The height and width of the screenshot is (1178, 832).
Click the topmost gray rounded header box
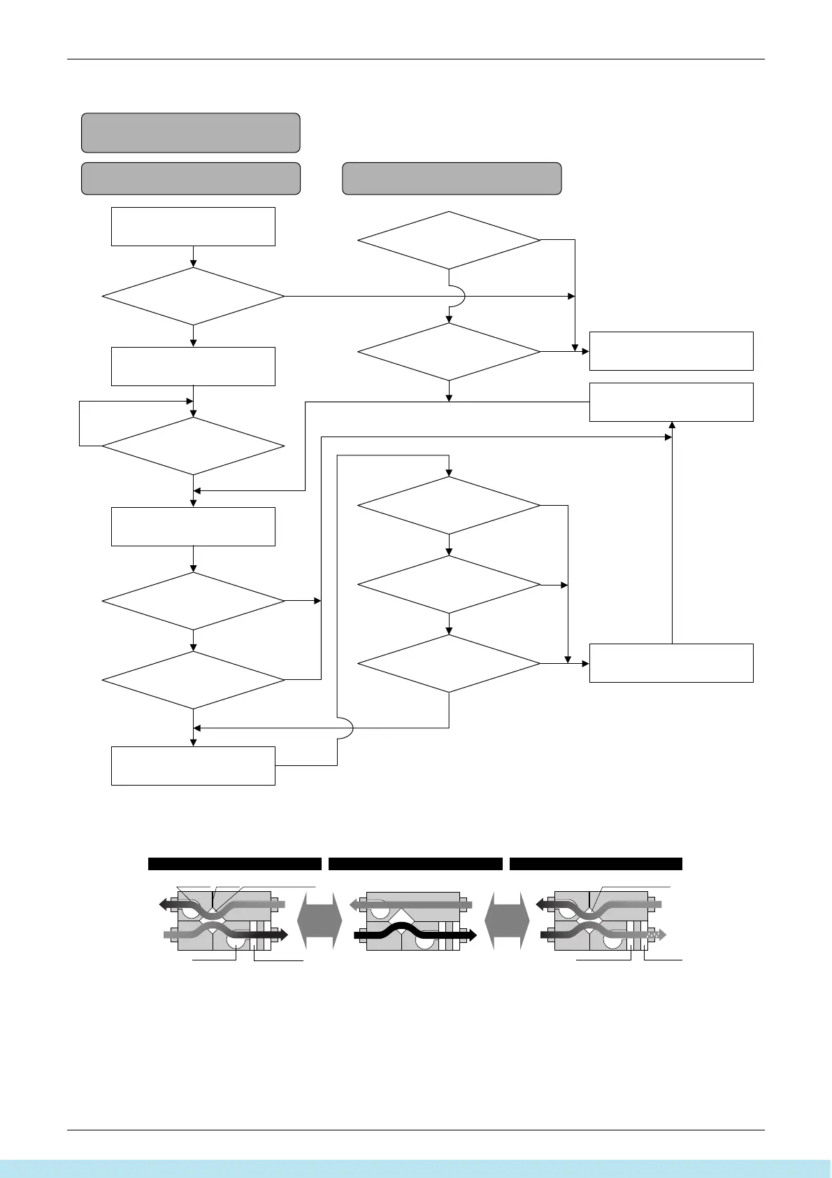tap(190, 133)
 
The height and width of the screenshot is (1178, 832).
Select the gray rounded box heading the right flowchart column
tap(452, 178)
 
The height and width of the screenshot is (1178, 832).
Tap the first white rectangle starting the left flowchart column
tap(193, 226)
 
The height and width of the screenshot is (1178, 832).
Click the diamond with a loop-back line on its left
tap(193, 446)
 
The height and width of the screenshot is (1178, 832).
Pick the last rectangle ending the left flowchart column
tap(193, 765)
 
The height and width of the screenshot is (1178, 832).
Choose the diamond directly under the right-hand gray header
tap(449, 240)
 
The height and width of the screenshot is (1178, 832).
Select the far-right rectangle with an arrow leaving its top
tap(671, 662)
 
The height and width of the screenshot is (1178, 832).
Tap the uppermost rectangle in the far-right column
tap(671, 350)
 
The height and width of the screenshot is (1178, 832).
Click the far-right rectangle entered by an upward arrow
tap(671, 402)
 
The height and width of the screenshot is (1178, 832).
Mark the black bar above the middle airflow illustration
tap(415, 863)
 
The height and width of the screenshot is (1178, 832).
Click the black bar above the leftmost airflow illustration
tap(234, 863)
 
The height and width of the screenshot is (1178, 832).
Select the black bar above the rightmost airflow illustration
tap(596, 863)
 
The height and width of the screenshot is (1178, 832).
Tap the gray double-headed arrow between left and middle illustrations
tap(320, 920)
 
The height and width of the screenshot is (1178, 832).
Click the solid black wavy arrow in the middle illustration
tap(413, 933)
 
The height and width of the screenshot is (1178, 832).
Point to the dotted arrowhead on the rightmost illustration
tap(657, 934)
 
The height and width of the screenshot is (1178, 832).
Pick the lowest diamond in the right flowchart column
tap(449, 662)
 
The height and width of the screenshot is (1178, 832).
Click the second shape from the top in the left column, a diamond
tap(193, 296)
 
